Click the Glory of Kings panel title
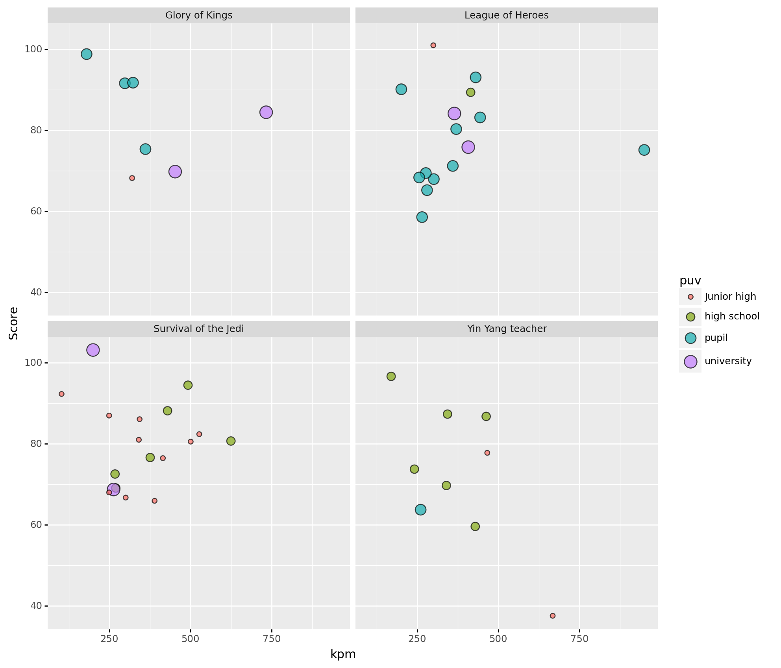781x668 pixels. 198,15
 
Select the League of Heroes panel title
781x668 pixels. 506,15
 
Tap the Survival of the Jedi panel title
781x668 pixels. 198,329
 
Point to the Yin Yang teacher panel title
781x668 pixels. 506,329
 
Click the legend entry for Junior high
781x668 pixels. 730,297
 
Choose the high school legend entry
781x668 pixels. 732,316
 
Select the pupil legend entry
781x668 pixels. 716,338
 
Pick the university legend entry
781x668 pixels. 728,361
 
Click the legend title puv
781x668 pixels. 690,280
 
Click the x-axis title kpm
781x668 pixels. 343,654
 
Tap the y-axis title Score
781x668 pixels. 14,323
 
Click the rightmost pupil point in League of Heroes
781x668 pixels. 644,150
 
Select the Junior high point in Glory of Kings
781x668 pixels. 132,178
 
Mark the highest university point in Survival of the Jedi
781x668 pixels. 93,350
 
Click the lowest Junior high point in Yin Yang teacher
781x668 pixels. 553,616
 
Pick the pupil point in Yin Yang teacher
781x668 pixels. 420,510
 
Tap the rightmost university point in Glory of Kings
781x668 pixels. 266,112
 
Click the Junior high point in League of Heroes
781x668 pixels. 433,45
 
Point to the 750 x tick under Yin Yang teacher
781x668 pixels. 579,638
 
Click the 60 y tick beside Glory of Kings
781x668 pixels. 37,212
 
